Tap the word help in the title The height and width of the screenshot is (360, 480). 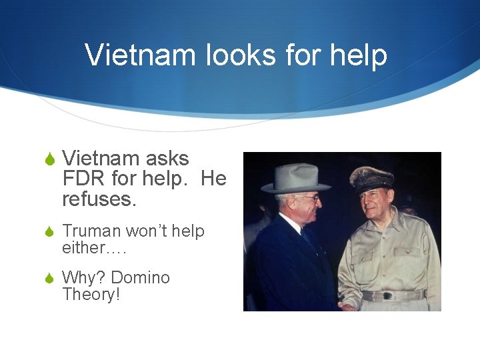click(358, 55)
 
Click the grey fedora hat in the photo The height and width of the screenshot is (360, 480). click(295, 179)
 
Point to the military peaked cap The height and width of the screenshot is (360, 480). click(371, 179)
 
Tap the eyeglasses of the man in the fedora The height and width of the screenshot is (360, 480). click(309, 199)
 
